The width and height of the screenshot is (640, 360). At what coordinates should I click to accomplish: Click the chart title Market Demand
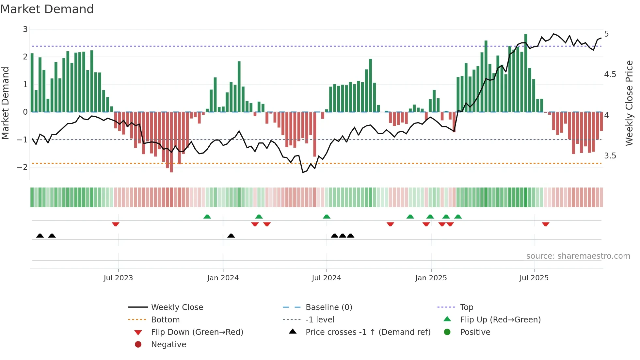point(47,9)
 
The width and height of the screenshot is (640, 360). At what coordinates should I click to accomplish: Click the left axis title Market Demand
point(6,103)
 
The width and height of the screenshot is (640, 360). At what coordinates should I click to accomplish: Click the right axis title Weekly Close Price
point(629,103)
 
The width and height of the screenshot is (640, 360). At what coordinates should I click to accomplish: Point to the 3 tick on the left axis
point(25,29)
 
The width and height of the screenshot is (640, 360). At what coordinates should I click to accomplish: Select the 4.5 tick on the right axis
point(610,74)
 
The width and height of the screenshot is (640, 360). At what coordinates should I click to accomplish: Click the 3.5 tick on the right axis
point(610,156)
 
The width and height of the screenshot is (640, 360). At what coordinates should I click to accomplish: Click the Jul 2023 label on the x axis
point(118,278)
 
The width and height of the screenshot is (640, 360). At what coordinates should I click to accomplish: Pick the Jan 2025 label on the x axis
point(431,278)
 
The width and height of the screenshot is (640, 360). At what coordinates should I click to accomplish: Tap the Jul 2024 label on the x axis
point(326,278)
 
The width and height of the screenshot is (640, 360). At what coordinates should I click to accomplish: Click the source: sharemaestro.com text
point(578,256)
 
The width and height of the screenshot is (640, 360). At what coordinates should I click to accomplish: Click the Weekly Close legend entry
point(177,307)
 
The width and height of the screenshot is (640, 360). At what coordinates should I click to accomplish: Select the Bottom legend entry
point(165,320)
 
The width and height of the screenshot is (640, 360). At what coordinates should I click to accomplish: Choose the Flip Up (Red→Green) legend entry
point(500,320)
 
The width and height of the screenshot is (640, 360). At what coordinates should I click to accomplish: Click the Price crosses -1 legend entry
point(368,332)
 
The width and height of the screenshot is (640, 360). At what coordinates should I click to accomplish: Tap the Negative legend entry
point(168,345)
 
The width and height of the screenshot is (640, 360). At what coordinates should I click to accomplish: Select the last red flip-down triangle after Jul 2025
point(546,224)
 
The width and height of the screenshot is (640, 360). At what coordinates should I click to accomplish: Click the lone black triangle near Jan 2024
point(231,236)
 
